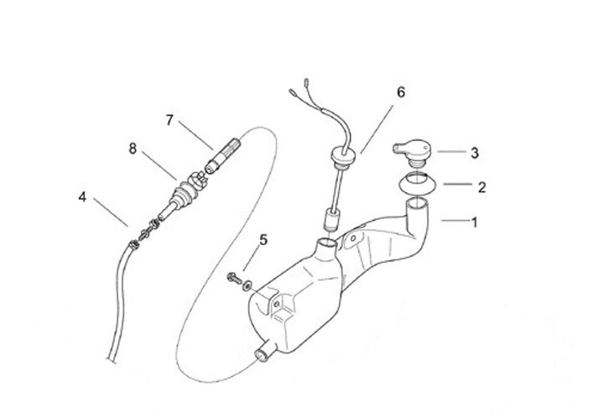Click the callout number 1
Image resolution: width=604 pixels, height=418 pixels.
474,223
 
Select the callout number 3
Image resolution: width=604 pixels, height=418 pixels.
475,153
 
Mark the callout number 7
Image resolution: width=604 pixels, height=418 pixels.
169,120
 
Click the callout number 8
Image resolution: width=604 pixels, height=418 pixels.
133,149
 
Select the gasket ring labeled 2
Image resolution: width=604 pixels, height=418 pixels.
414,181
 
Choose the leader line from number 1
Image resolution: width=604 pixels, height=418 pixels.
452,221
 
